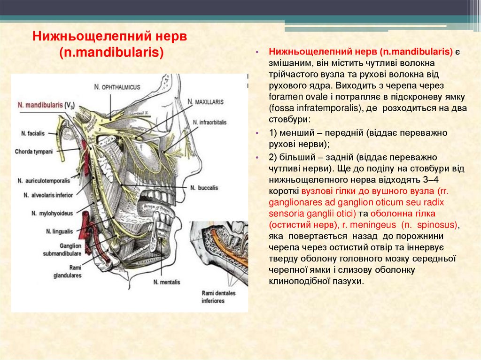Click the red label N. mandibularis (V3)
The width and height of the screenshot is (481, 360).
point(46,105)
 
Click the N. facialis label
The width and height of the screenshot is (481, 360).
point(33,133)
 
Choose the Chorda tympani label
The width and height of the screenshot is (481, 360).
point(33,152)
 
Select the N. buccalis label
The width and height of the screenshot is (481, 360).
point(204,187)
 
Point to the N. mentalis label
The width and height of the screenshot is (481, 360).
point(166,282)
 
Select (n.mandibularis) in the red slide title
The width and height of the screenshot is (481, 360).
point(111,52)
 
